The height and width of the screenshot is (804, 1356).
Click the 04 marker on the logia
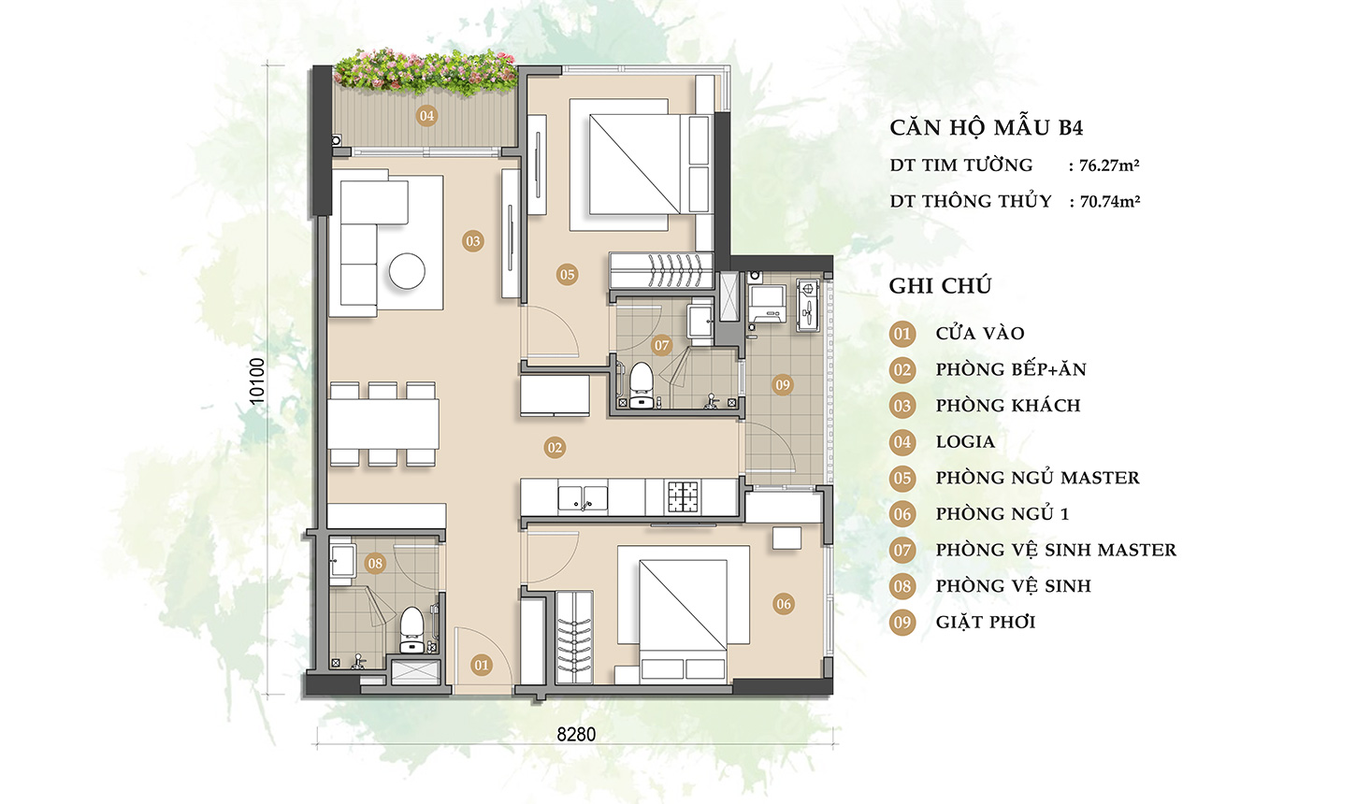426,116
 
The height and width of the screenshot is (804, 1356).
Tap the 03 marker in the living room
473,241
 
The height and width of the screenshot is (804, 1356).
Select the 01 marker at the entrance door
482,666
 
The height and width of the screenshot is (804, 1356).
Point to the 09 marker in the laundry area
783,385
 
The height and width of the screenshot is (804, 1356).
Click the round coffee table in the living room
407,270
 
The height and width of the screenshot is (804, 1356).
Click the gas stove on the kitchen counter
684,496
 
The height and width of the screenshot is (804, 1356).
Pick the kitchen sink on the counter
583,498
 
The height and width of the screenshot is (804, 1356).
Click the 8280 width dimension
576,735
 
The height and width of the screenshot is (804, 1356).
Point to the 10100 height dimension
257,381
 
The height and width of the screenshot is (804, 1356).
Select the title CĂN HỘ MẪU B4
986,128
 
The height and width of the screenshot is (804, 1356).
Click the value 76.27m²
1110,165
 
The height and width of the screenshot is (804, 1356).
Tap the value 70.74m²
1110,201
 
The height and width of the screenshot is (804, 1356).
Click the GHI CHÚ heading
940,285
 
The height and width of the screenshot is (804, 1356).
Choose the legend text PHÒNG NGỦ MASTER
1038,478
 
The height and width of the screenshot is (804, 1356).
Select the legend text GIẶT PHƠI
986,622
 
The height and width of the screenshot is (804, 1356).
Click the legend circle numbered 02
902,369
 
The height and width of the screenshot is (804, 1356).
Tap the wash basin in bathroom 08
342,561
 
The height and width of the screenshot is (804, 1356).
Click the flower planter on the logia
426,73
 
